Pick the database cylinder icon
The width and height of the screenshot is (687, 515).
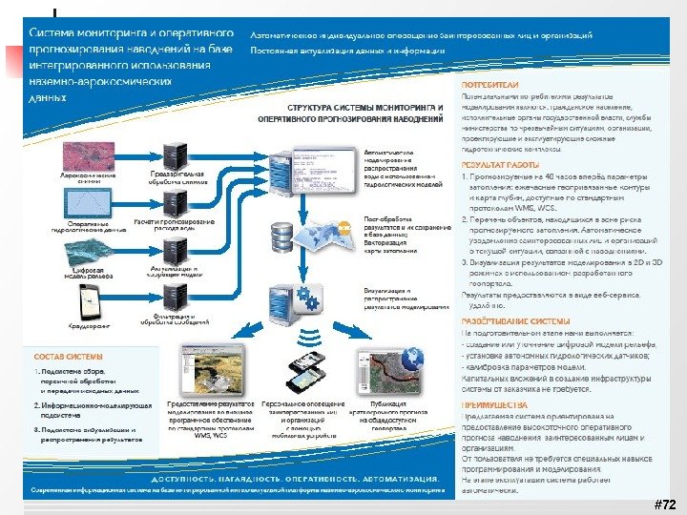pos(283,233)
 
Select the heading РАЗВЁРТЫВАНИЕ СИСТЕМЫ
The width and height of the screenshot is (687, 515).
pos(515,321)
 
